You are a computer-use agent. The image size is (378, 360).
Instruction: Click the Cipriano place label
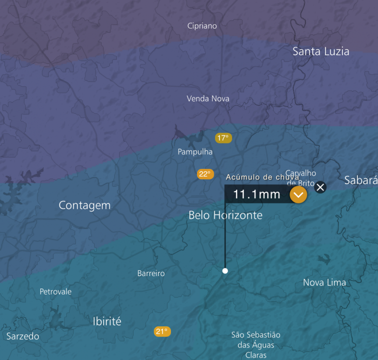202,26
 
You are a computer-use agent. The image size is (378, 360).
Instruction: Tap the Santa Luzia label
321,51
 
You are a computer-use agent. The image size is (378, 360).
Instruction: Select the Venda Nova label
208,98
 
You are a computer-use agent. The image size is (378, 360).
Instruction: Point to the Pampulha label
195,152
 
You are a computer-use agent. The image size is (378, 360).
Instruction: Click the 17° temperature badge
223,138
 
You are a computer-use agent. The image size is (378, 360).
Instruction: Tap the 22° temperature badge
205,174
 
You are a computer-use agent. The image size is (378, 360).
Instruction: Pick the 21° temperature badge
162,331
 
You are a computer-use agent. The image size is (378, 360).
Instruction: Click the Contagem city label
85,205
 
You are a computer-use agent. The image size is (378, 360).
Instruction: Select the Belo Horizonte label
225,215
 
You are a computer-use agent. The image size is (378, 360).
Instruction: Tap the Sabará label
361,180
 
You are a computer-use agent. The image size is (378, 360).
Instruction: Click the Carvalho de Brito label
301,178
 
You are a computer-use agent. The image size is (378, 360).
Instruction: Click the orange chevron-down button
298,194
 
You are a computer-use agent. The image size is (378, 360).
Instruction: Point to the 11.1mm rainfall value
256,194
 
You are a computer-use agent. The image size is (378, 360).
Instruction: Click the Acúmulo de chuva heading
262,177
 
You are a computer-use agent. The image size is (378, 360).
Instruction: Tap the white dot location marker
225,271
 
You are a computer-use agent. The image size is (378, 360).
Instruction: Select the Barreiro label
151,274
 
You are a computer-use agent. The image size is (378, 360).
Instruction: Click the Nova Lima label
324,283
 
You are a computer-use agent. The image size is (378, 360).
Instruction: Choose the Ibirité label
107,322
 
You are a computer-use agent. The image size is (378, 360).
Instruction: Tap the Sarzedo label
23,336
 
